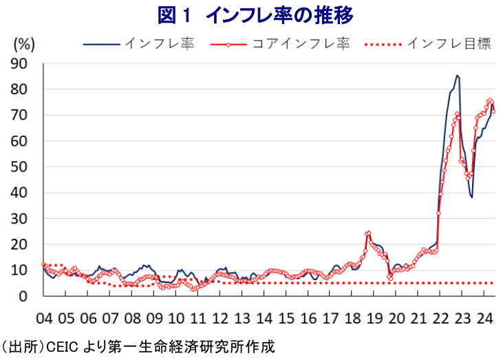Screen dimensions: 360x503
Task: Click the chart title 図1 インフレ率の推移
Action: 256,14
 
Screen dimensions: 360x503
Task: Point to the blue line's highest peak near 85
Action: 458,75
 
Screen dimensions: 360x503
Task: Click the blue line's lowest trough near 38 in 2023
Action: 472,198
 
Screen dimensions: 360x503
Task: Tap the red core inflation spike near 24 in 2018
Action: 368,233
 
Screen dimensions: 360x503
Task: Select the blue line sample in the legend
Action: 101,44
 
